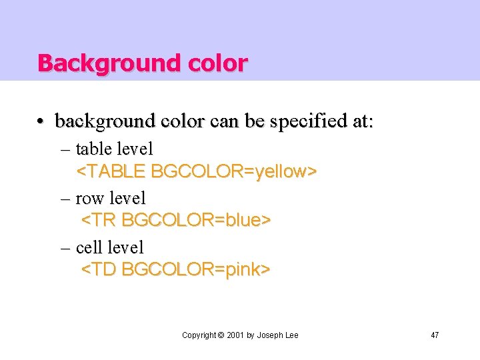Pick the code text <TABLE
(111, 171)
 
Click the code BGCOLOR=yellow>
(233, 171)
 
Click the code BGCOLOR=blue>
(196, 220)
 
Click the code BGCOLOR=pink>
(196, 269)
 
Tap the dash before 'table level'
(65, 149)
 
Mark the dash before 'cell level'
(65, 248)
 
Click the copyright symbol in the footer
(221, 335)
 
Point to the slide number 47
(435, 335)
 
